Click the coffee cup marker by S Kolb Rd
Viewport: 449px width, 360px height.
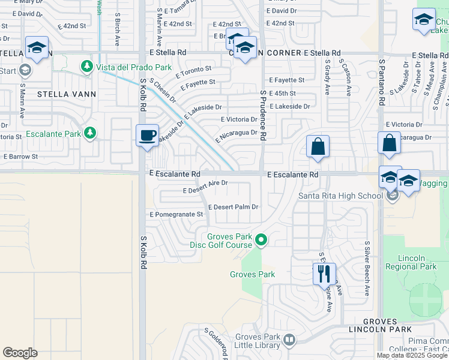click(x=147, y=136)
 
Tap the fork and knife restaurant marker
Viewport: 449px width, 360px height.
click(x=324, y=274)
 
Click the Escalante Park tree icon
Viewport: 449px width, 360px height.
click(x=90, y=133)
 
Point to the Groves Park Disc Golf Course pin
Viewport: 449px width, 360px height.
click(x=261, y=241)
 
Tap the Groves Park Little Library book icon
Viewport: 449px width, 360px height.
click(x=289, y=340)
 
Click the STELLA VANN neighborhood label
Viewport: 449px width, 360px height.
click(x=62, y=94)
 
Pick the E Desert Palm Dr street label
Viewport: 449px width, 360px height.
click(x=233, y=207)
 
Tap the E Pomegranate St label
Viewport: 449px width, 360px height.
click(x=176, y=214)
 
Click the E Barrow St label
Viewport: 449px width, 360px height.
click(x=20, y=157)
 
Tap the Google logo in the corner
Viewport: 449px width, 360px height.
click(x=20, y=353)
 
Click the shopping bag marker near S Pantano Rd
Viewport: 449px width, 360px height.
click(x=389, y=144)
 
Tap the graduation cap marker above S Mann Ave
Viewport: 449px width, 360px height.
click(x=37, y=48)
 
